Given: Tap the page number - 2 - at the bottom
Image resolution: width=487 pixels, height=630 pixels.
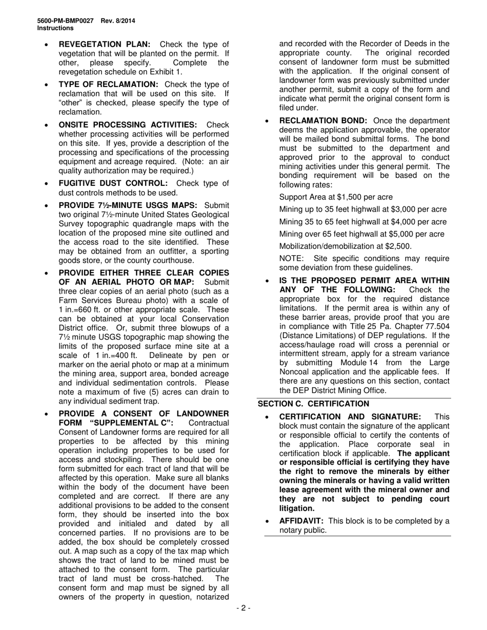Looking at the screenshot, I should pos(243,608).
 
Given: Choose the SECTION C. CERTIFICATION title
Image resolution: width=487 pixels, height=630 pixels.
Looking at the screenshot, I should pos(313,404).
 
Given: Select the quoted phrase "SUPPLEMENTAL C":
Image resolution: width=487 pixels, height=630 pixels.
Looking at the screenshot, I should pos(131,423).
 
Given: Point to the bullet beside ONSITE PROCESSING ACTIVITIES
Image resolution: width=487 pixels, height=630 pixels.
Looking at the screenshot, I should pos(47,125).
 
